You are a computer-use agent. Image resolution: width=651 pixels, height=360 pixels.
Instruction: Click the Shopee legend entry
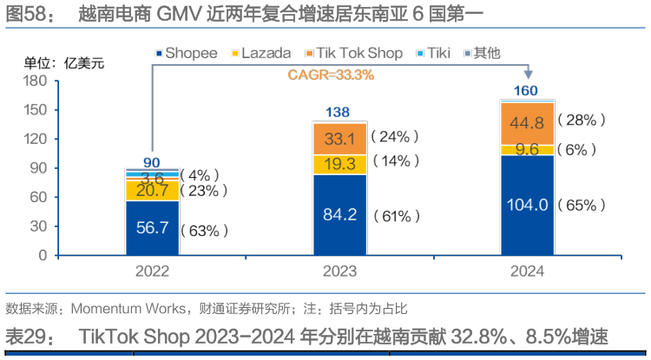(188, 54)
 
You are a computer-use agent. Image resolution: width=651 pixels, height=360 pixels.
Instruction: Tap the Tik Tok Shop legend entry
(356, 54)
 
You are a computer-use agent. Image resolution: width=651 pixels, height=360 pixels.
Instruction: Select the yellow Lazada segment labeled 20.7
(152, 191)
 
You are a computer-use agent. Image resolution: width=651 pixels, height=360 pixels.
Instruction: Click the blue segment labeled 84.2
(339, 216)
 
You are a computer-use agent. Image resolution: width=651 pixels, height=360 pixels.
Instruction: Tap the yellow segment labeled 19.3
(339, 165)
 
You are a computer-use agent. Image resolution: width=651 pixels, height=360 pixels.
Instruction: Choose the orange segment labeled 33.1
(339, 138)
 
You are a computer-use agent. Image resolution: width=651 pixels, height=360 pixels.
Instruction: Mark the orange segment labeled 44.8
(527, 123)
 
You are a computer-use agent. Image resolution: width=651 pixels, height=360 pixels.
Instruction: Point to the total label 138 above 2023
(339, 113)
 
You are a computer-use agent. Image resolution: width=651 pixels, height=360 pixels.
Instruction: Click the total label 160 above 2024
(527, 91)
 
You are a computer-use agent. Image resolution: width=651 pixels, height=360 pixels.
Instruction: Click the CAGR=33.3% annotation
(330, 75)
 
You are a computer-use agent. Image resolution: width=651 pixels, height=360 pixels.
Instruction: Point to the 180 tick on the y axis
(34, 81)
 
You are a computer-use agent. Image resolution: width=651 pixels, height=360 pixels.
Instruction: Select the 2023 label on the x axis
(339, 272)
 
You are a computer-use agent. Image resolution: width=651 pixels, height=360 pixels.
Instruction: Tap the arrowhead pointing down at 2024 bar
(528, 76)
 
